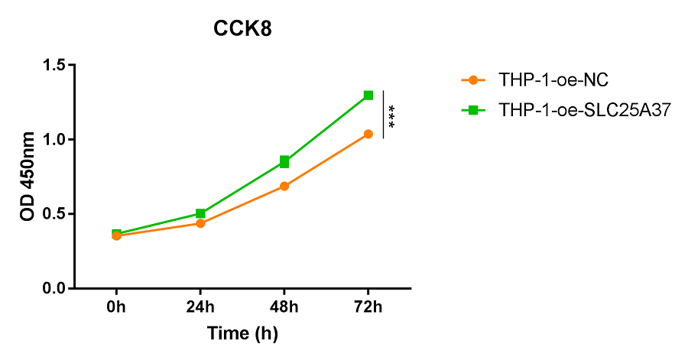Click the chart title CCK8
242,30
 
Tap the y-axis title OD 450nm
28,176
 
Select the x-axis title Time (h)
242,333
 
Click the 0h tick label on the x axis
116,308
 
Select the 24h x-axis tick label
200,308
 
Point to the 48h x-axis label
284,308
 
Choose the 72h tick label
368,308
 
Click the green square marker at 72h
368,96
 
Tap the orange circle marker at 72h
368,134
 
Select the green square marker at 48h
284,162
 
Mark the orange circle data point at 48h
284,186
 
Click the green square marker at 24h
200,213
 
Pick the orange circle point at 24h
200,223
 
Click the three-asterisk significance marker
391,115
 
